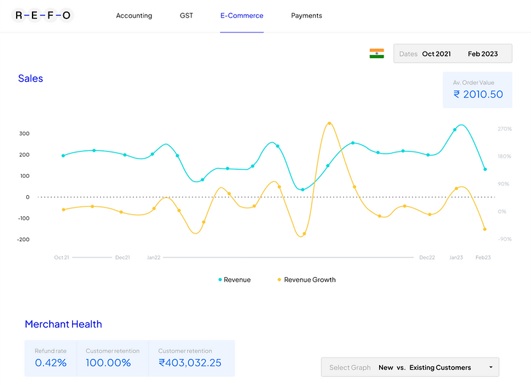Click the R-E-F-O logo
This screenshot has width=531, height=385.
43,15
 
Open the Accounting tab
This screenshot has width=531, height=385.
134,16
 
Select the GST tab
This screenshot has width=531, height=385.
186,16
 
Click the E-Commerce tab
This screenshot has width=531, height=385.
242,16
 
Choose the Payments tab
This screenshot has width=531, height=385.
306,16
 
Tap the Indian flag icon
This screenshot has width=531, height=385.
377,54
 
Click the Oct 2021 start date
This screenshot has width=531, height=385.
437,54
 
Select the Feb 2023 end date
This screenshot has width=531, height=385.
482,54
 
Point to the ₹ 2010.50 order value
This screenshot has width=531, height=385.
478,94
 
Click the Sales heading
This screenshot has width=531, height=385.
31,78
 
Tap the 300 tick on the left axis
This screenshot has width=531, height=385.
24,134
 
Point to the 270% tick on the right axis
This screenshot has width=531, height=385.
505,129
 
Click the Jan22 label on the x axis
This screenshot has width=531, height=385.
154,258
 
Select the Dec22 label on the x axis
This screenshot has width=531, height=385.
427,258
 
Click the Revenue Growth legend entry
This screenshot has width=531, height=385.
310,280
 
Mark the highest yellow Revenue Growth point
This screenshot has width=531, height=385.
329,124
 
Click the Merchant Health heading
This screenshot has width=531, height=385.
63,324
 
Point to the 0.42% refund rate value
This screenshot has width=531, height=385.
51,363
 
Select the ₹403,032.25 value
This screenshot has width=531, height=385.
190,363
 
